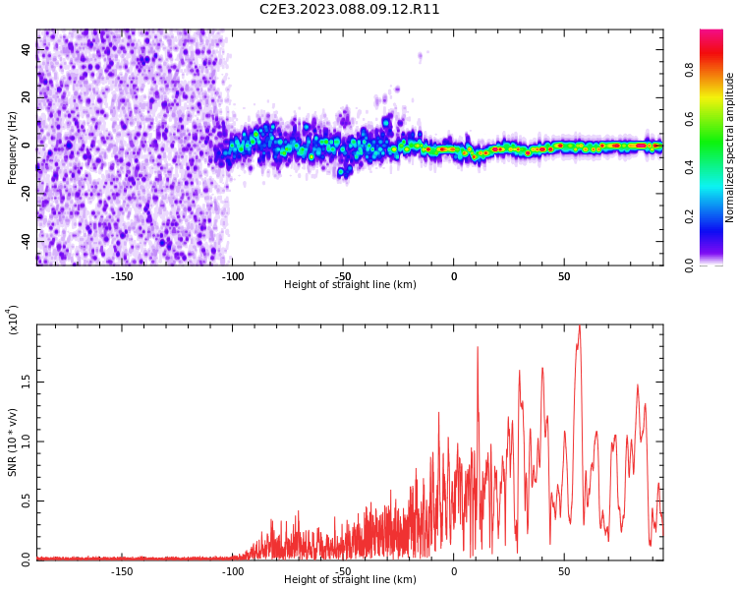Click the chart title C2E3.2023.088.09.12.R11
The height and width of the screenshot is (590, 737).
click(350, 10)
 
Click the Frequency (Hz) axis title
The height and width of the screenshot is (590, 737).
click(13, 147)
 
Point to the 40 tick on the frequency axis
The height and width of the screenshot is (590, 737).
click(28, 48)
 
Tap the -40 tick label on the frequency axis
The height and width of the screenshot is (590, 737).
click(26, 241)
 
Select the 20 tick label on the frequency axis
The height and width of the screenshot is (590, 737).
click(28, 96)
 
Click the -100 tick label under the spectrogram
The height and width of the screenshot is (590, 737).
click(232, 276)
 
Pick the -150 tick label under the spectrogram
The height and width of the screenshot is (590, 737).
click(122, 276)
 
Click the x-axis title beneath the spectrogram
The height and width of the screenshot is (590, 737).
click(350, 285)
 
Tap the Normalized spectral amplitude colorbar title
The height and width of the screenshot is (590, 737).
click(730, 147)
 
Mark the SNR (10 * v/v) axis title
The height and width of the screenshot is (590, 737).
click(13, 442)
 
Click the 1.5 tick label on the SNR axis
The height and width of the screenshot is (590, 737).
click(26, 382)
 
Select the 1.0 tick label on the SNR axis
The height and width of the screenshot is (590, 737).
click(26, 442)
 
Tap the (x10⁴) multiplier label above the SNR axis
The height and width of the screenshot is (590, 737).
click(14, 320)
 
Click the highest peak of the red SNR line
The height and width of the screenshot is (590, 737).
click(579, 326)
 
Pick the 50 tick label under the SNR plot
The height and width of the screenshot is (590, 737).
click(564, 571)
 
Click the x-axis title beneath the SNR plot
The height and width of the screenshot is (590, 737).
click(350, 580)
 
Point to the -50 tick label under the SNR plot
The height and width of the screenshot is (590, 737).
click(343, 571)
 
